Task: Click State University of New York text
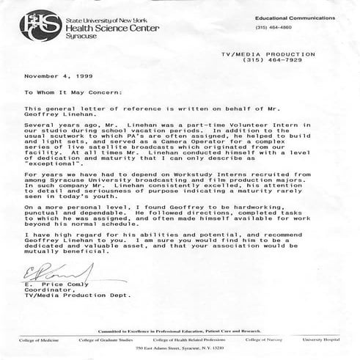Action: pyautogui.click(x=76, y=8)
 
